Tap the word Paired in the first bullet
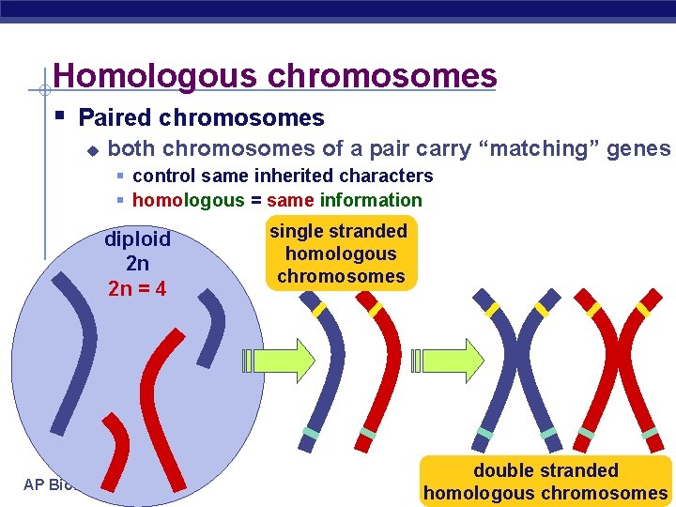pyautogui.click(x=115, y=118)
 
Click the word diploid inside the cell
pyautogui.click(x=137, y=240)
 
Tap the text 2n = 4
pyautogui.click(x=137, y=288)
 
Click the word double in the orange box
pyautogui.click(x=501, y=470)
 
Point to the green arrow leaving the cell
pyautogui.click(x=283, y=359)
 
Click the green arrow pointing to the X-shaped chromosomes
pyautogui.click(x=443, y=359)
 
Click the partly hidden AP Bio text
pyautogui.click(x=47, y=485)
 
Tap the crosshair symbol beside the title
pyautogui.click(x=41, y=91)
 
